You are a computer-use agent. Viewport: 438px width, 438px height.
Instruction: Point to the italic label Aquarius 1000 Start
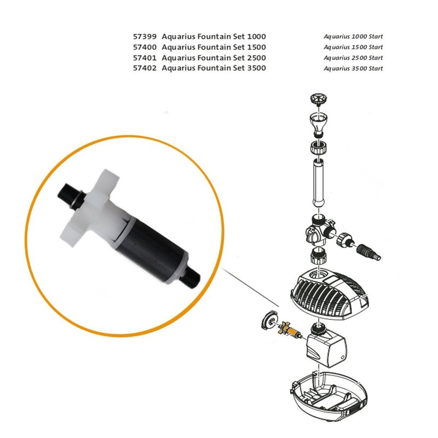coord(353,36)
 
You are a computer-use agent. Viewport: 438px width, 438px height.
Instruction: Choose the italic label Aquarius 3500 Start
coord(353,68)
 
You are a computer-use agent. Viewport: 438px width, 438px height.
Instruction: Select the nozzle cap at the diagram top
coord(317,99)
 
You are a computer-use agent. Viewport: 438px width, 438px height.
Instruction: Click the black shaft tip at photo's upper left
coord(65,192)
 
